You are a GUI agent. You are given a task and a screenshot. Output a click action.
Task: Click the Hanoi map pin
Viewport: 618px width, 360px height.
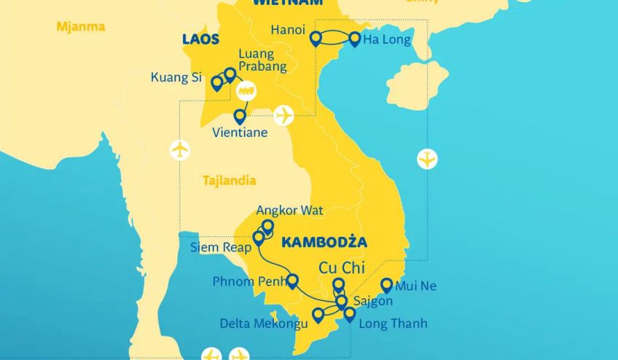316,39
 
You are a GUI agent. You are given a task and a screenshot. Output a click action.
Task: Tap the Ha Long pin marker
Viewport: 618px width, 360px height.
355,39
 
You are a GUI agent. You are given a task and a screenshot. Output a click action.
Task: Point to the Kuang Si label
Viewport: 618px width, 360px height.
176,77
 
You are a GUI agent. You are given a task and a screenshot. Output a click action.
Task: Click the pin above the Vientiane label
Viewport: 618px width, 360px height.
240,116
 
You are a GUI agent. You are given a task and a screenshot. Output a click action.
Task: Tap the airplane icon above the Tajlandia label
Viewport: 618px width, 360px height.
179,150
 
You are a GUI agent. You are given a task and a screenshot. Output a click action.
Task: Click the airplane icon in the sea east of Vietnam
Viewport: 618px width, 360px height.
427,158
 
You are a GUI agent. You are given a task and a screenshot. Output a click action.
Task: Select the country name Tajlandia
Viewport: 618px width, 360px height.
230,180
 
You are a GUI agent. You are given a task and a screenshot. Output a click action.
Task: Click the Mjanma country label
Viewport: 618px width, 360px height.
80,27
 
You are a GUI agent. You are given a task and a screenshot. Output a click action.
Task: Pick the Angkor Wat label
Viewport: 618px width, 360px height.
289,211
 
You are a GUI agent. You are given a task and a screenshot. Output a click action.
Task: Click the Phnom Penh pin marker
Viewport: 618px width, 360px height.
292,281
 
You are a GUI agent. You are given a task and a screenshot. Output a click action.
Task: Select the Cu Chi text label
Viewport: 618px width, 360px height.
342,267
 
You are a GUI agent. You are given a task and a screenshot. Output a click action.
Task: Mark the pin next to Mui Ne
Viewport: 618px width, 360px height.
387,285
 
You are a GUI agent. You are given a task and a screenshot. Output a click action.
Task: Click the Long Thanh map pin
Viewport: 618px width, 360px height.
350,314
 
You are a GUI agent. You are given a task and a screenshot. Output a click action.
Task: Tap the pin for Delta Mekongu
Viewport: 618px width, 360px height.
318,315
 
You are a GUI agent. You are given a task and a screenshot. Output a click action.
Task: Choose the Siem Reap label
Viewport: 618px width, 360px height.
221,247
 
